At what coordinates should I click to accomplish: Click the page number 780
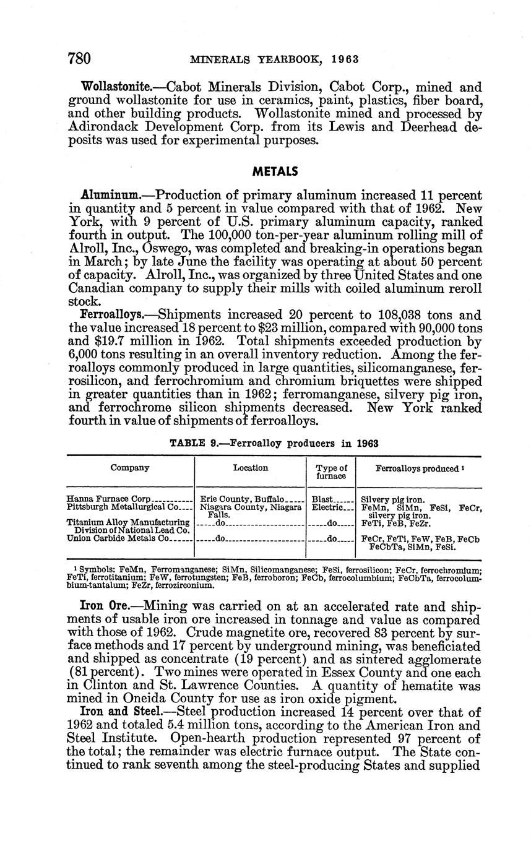[x=79, y=59]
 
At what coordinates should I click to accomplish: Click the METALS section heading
[x=275, y=171]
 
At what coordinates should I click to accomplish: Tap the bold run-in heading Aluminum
[x=110, y=194]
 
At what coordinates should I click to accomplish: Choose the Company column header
[x=130, y=468]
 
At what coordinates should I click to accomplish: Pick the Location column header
[x=251, y=468]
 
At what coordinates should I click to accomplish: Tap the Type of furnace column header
[x=331, y=472]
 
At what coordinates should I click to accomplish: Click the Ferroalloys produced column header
[x=419, y=468]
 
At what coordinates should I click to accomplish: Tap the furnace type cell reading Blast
[x=322, y=499]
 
